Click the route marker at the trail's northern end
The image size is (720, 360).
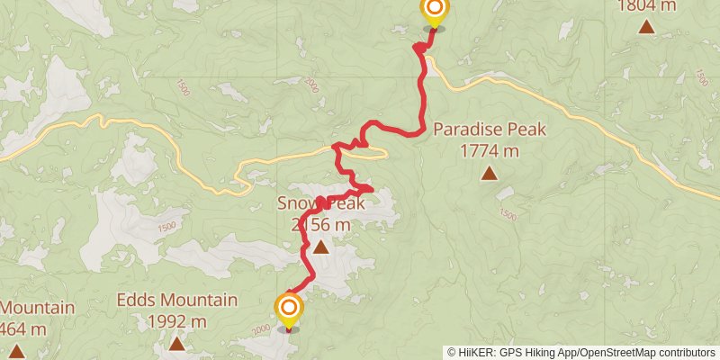[434, 12]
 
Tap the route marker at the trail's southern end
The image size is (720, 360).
[289, 310]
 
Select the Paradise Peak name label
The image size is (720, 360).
[490, 130]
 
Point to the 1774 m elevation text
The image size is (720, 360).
[489, 150]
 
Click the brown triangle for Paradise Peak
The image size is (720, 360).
[489, 173]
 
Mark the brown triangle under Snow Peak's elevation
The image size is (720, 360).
[320, 245]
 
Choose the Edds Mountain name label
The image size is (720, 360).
[177, 301]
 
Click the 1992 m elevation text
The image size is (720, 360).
[177, 321]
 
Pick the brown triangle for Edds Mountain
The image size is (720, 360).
[177, 343]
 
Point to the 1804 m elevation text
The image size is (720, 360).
[647, 5]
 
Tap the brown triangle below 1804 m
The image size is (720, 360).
[647, 26]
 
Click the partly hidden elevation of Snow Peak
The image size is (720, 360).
[320, 225]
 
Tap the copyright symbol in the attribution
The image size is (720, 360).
[451, 352]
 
